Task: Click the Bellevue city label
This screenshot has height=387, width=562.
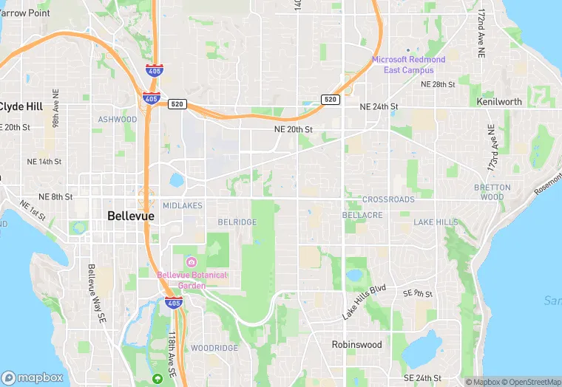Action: click(131, 216)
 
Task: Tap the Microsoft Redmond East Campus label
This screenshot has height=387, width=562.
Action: click(408, 64)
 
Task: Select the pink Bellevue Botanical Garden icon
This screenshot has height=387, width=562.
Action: click(191, 262)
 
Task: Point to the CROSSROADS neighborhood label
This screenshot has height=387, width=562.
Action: click(388, 200)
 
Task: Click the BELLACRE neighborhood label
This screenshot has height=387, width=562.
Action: click(362, 215)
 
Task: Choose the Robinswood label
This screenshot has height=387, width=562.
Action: click(357, 344)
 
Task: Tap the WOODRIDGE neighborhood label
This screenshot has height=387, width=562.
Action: click(214, 348)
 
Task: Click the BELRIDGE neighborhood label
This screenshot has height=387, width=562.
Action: click(237, 222)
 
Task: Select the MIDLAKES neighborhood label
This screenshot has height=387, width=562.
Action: click(182, 206)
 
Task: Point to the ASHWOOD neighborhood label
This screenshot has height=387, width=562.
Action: click(118, 119)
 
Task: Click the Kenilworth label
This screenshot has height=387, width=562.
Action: click(499, 102)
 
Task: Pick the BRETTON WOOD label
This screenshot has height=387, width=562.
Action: click(492, 192)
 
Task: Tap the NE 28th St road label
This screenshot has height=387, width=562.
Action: click(438, 84)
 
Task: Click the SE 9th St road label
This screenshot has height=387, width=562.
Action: click(417, 293)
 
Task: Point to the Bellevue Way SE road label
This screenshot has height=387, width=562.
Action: click(96, 294)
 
